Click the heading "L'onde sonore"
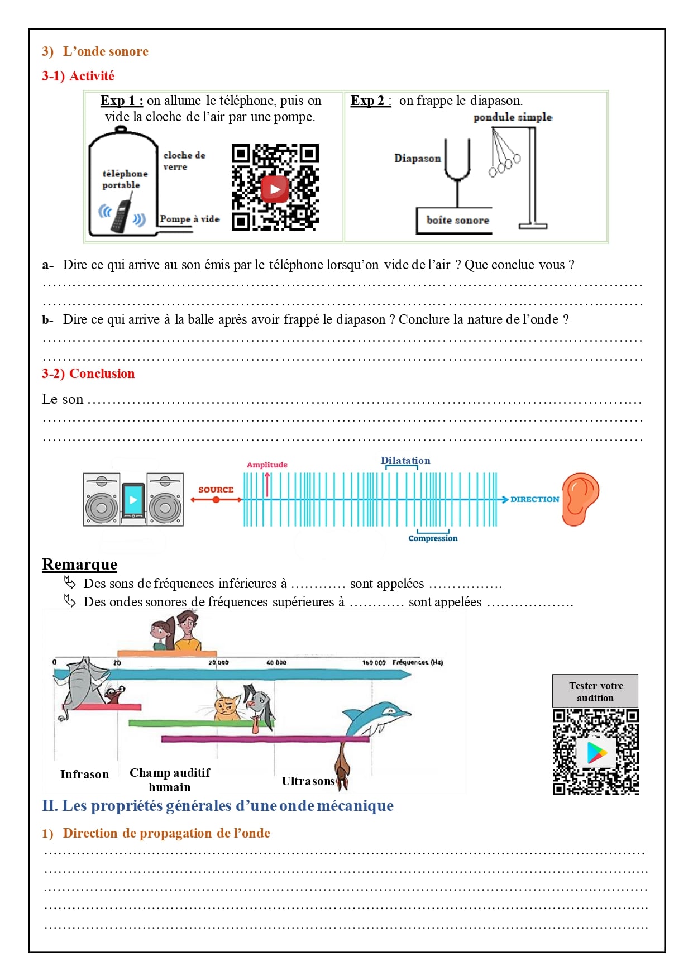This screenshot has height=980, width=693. coord(106,51)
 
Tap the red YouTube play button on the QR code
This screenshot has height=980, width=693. coord(275,189)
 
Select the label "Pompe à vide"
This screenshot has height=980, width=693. coord(189,219)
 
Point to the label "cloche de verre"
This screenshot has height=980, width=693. coord(184,160)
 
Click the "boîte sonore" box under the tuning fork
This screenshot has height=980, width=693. coord(457,220)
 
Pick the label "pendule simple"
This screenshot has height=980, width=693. coord(513,117)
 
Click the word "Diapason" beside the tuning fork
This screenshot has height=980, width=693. coord(417,158)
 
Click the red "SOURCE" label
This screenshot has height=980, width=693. coord(216,490)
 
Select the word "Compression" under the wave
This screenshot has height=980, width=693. coord(433,538)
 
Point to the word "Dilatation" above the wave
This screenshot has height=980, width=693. coord(405,461)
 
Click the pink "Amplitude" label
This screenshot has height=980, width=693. coord(267,465)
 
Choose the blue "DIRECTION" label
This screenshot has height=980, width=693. coord(534,499)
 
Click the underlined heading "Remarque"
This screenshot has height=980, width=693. coord(79,565)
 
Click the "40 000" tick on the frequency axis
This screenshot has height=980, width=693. coord(276,662)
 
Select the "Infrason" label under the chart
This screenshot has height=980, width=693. coord(84,775)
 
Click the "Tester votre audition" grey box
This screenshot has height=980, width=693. coord(595,691)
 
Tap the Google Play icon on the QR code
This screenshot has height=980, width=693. coord(596,752)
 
